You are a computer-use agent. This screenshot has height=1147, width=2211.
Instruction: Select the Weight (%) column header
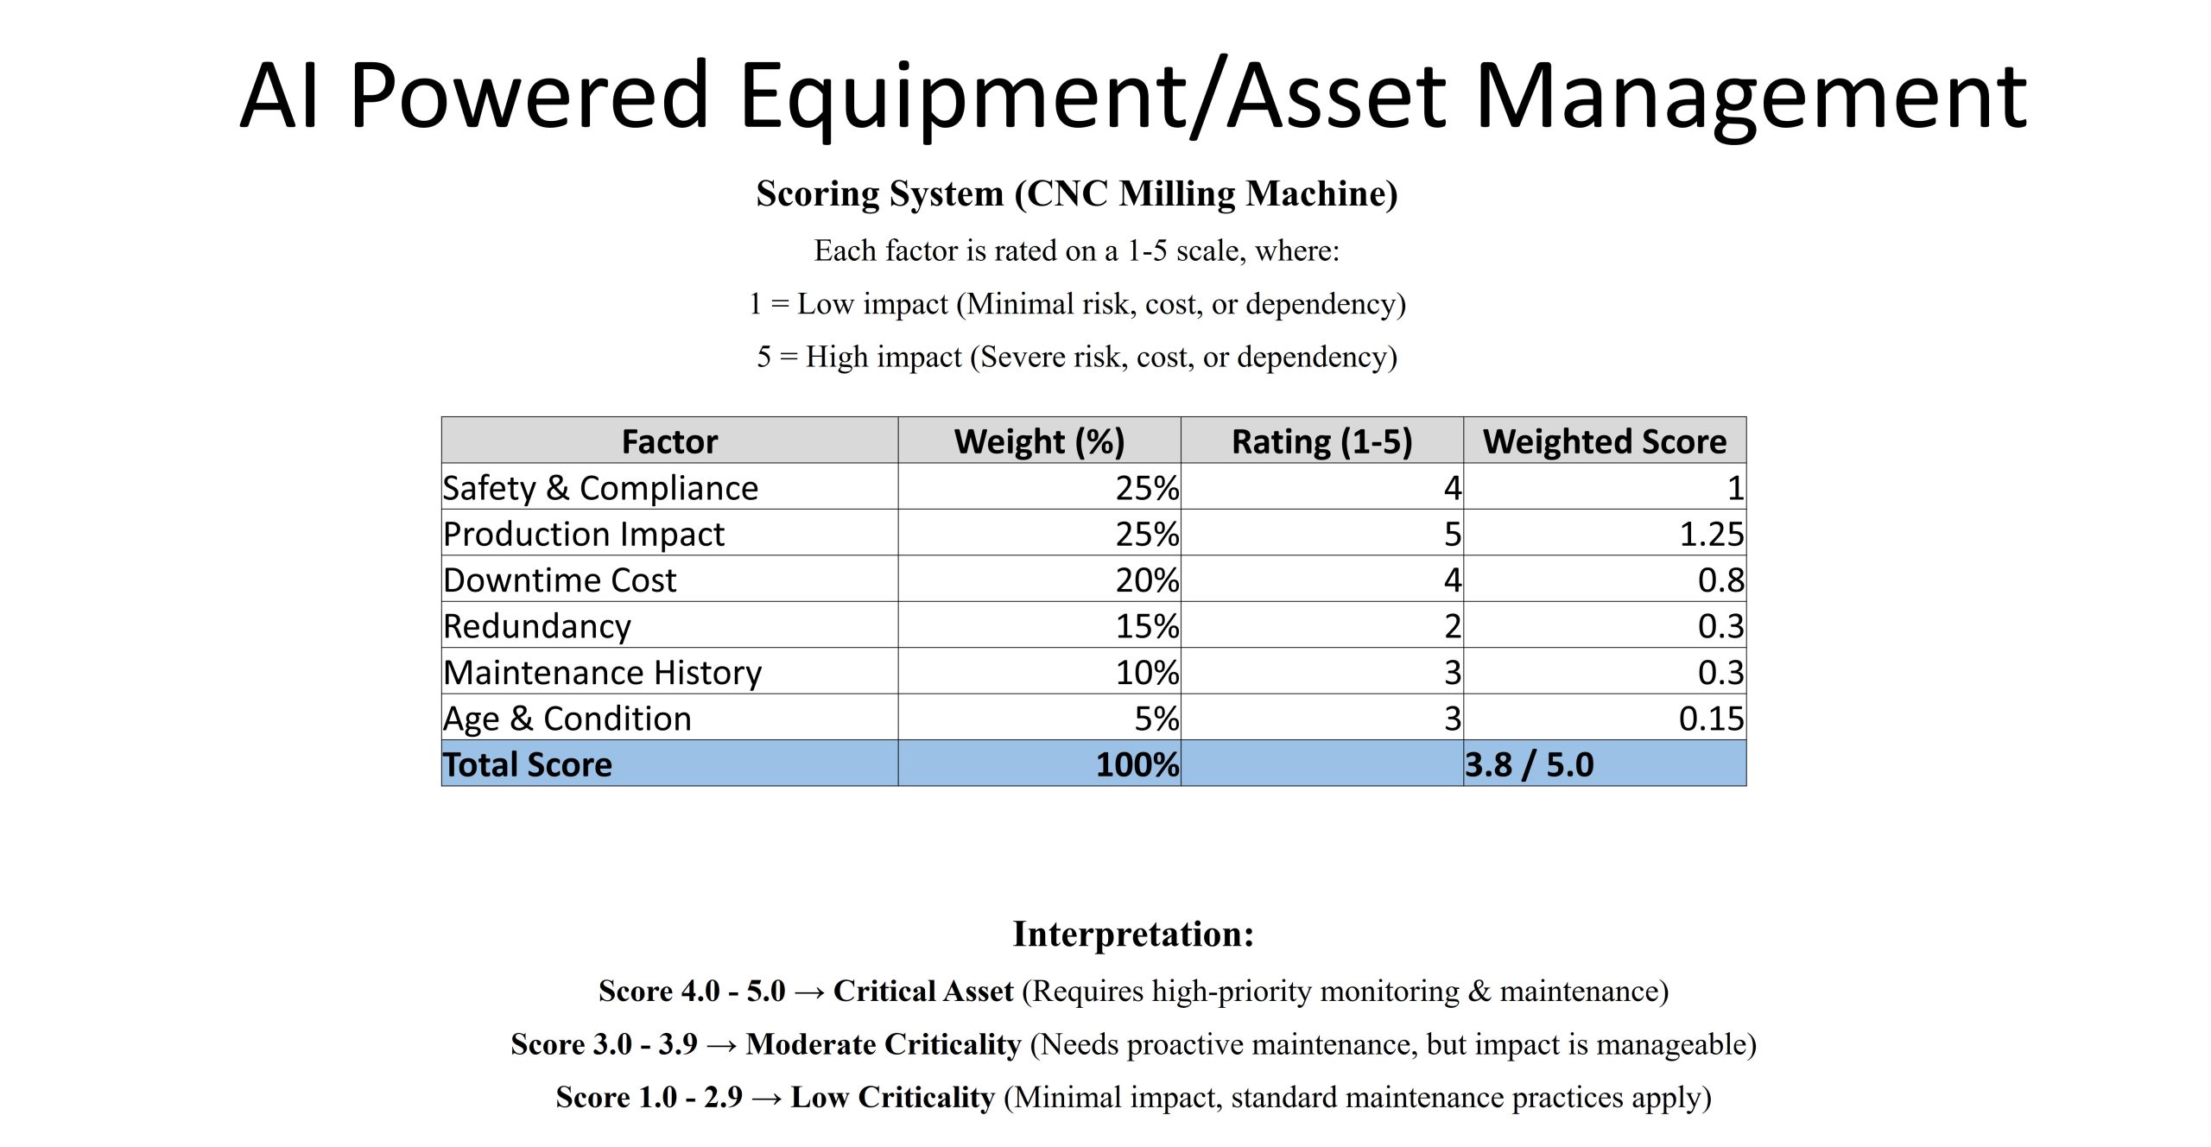1039,441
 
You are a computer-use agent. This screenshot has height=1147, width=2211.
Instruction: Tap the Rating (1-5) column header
1321,441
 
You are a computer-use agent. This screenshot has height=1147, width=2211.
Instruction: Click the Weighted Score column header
1605,441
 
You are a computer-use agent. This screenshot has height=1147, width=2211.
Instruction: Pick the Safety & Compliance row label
600,488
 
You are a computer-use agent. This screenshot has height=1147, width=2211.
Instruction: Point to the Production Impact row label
584,534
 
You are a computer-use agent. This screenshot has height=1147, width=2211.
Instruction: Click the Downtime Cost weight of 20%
1146,580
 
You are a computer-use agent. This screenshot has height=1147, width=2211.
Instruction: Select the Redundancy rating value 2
1453,626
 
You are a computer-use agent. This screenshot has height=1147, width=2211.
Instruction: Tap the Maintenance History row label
602,672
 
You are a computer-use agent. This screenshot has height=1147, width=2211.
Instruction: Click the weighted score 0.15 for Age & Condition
1711,719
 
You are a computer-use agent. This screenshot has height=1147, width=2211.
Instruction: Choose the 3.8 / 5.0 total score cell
1530,764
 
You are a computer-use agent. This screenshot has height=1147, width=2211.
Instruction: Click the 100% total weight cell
1137,764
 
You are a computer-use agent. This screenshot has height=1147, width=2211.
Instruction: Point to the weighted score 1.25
1711,534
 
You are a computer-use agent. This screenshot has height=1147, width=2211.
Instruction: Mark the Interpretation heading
1133,934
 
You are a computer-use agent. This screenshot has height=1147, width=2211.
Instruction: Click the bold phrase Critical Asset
922,991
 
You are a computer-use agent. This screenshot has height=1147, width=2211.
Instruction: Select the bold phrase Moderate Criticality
884,1044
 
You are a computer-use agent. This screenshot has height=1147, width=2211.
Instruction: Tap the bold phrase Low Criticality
892,1097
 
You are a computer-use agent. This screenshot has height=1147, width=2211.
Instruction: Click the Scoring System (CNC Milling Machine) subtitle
1077,193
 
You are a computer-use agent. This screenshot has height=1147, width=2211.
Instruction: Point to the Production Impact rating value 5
1453,534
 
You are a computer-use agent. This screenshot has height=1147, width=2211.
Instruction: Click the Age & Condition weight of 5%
1156,719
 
